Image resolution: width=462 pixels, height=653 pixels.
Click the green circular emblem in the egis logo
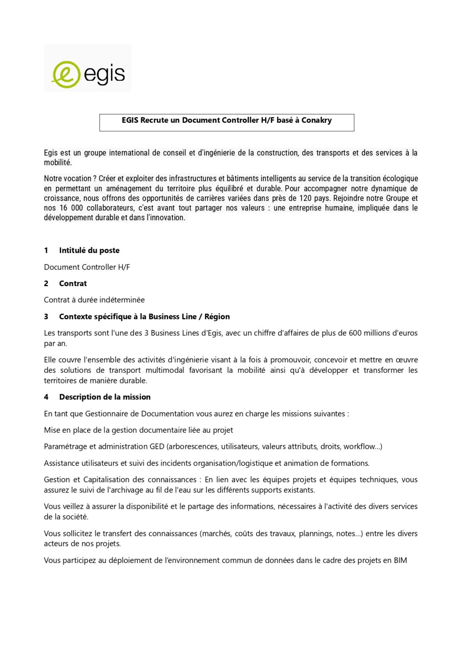pos(66,74)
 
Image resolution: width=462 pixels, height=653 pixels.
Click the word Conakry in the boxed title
pos(317,120)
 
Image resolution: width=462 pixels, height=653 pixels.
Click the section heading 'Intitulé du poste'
pos(89,250)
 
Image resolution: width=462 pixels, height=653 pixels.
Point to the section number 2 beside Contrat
pos(46,284)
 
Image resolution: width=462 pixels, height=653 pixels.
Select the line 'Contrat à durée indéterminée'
pos(94,300)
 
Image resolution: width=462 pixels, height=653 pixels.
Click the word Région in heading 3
pos(217,317)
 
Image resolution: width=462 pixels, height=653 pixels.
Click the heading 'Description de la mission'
pos(105,397)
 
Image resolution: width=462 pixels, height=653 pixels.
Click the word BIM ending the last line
pos(400,560)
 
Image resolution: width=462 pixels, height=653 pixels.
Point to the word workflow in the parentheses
pos(359,446)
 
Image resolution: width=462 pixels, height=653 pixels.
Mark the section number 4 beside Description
pos(46,397)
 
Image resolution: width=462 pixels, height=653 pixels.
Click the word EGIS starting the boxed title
pos(130,120)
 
